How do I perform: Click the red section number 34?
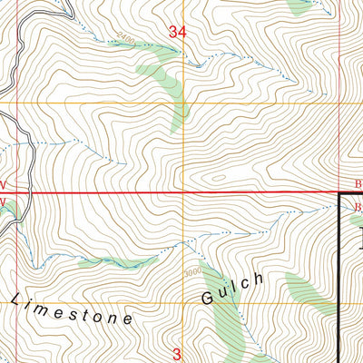178,33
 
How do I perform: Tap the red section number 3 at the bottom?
178,353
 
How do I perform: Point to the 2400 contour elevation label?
124,41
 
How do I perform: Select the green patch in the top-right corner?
304,5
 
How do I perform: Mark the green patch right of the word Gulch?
304,290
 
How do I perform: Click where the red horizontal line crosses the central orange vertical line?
184,193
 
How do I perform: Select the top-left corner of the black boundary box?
340,195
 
